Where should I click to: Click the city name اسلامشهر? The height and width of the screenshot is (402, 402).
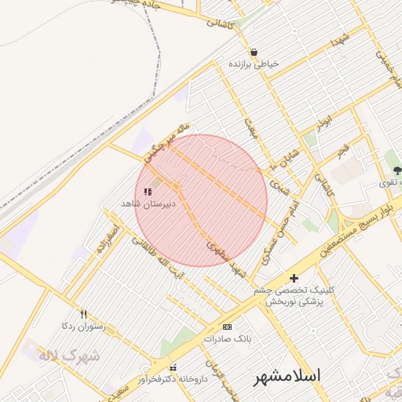(x=288, y=376)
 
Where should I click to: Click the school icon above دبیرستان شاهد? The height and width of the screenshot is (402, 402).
(x=148, y=191)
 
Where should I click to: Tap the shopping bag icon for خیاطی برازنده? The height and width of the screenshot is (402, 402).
(x=254, y=52)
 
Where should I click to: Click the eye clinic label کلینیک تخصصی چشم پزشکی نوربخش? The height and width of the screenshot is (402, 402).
(x=294, y=295)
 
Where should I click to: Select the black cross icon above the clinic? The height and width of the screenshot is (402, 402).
(x=294, y=278)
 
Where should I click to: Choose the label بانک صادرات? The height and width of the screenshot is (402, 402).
(x=228, y=339)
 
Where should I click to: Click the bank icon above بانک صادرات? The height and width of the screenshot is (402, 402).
(x=228, y=327)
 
